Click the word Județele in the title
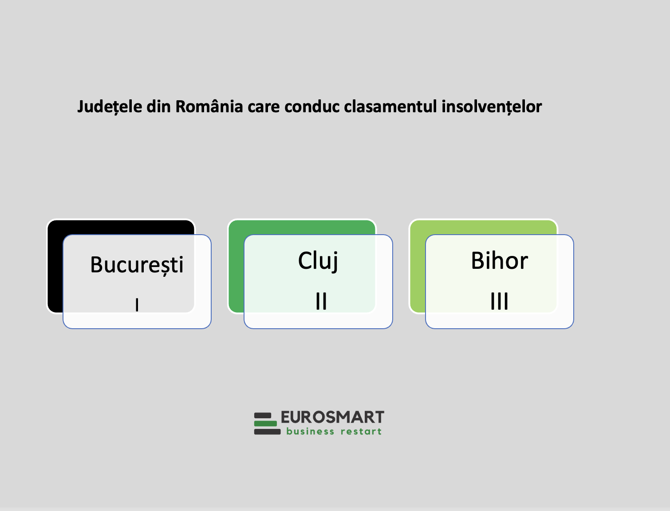110,107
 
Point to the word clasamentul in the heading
390,106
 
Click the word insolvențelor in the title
492,107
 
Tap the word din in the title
158,106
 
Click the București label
137,265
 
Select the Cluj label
318,261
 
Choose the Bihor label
499,260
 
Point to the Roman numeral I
137,305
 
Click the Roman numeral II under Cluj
321,301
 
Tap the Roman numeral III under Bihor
499,301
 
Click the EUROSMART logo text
332,417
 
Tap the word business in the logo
310,431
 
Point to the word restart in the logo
361,432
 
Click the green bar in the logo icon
265,424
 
